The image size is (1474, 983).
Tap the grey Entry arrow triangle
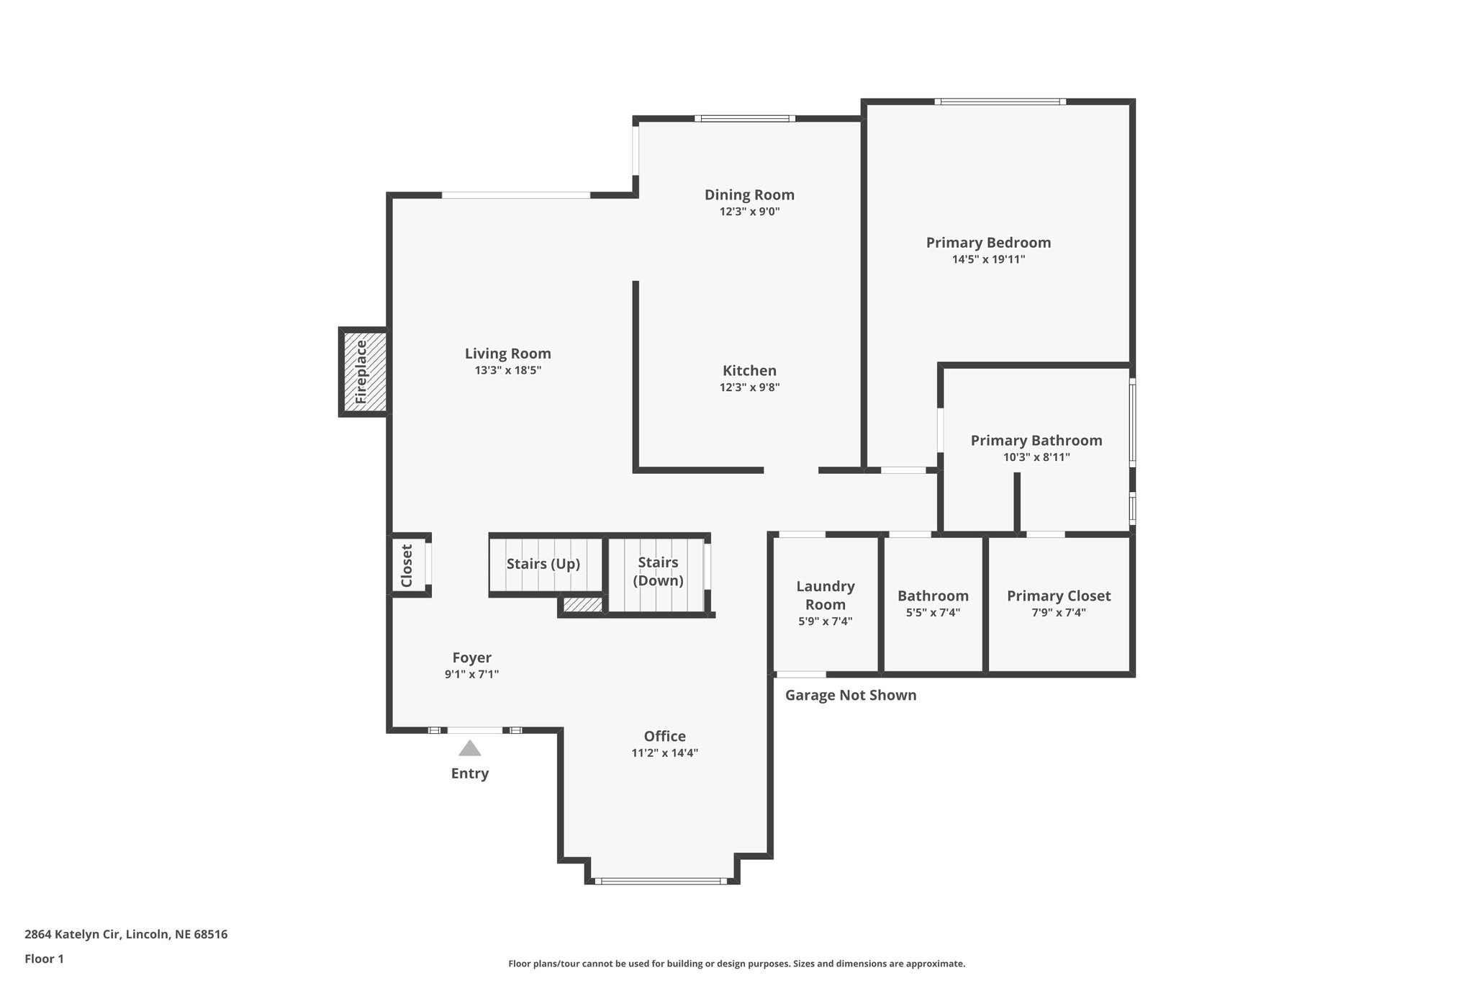pyautogui.click(x=470, y=749)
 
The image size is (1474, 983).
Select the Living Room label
pyautogui.click(x=507, y=354)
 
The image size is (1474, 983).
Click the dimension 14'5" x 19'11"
pyautogui.click(x=988, y=259)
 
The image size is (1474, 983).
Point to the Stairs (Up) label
pyautogui.click(x=543, y=564)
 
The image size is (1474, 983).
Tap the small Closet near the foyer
pyautogui.click(x=407, y=565)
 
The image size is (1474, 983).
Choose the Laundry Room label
pyautogui.click(x=825, y=596)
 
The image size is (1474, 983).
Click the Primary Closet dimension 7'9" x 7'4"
pyautogui.click(x=1058, y=613)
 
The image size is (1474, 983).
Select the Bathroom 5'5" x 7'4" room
pyautogui.click(x=933, y=605)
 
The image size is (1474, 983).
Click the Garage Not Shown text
pyautogui.click(x=850, y=695)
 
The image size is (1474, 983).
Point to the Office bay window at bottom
pyautogui.click(x=661, y=881)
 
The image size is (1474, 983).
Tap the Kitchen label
pyautogui.click(x=749, y=370)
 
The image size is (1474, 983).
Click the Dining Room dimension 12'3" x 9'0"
pyautogui.click(x=749, y=212)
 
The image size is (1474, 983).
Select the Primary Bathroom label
pyautogui.click(x=1036, y=440)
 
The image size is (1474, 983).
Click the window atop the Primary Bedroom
pyautogui.click(x=1000, y=102)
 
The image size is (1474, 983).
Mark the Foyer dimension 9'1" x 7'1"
pyautogui.click(x=471, y=675)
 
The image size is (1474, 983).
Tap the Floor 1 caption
pyautogui.click(x=44, y=959)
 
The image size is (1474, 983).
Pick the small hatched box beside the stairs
pyautogui.click(x=582, y=605)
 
